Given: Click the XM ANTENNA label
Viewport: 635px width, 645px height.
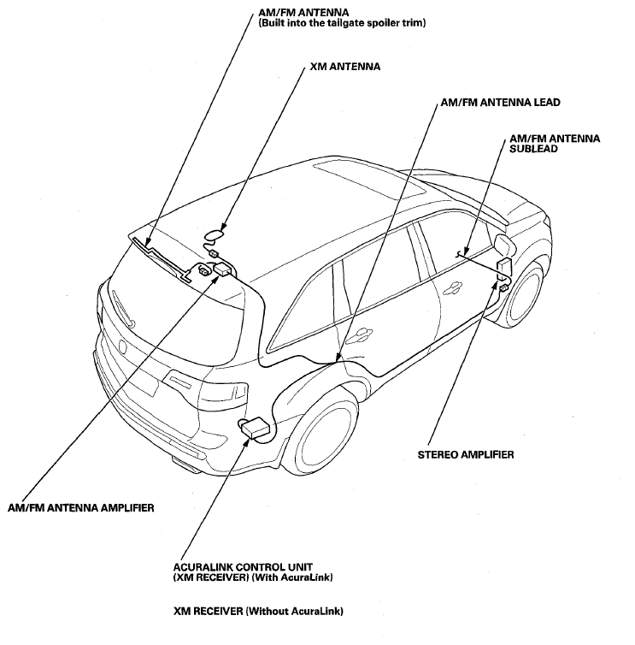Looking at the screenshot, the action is pyautogui.click(x=344, y=67).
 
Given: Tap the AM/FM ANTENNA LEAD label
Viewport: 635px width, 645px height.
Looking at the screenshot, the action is pyautogui.click(x=500, y=103).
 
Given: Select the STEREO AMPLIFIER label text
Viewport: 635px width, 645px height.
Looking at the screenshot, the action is pyautogui.click(x=466, y=454).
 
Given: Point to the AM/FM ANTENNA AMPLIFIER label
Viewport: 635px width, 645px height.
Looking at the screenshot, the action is pyautogui.click(x=81, y=507).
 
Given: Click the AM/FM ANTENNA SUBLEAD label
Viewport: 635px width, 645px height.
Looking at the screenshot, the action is pyautogui.click(x=555, y=144).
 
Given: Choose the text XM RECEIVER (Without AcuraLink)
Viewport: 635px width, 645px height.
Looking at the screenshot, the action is pyautogui.click(x=258, y=612).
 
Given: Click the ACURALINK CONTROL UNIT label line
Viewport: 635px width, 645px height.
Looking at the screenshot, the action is pyautogui.click(x=243, y=567).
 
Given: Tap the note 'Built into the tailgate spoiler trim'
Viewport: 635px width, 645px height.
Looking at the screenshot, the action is pyautogui.click(x=342, y=22).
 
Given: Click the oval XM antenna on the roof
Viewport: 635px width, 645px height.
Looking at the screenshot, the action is pyautogui.click(x=215, y=236).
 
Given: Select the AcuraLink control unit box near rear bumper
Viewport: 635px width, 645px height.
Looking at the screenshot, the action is pyautogui.click(x=256, y=429).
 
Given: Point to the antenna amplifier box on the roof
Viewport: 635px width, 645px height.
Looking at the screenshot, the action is pyautogui.click(x=223, y=269).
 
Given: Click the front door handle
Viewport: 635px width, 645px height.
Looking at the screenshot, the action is pyautogui.click(x=452, y=287).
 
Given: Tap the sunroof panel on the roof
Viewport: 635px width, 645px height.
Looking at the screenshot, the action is pyautogui.click(x=370, y=181).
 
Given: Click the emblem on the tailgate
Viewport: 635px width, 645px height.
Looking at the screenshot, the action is pyautogui.click(x=123, y=346).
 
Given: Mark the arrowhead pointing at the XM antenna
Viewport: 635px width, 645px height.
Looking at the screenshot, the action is pyautogui.click(x=223, y=227).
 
